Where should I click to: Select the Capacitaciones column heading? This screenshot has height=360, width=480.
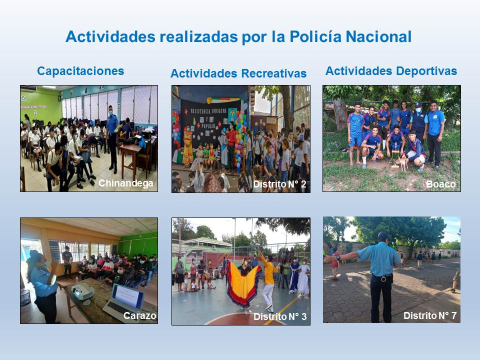click(x=80, y=71)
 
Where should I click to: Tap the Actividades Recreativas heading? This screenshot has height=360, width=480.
click(x=238, y=73)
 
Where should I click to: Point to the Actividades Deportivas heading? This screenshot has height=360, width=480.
click(x=391, y=71)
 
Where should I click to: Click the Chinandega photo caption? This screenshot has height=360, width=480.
click(x=126, y=183)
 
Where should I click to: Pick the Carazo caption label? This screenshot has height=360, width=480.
click(x=140, y=315)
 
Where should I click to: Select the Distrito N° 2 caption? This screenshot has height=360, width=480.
click(x=280, y=184)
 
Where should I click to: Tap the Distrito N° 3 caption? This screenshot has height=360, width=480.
click(x=280, y=316)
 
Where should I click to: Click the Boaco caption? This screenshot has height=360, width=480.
click(x=441, y=184)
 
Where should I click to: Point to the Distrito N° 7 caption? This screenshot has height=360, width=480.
click(x=430, y=315)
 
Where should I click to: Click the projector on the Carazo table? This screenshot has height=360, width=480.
click(x=82, y=291)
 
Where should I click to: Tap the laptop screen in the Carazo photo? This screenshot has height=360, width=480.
click(x=128, y=296)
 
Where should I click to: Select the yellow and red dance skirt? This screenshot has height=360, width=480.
click(x=243, y=284)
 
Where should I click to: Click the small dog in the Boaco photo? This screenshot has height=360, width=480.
click(x=402, y=162)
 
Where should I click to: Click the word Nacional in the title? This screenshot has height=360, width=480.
click(x=378, y=36)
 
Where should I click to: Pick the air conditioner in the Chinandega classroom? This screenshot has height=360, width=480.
click(x=29, y=88)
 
